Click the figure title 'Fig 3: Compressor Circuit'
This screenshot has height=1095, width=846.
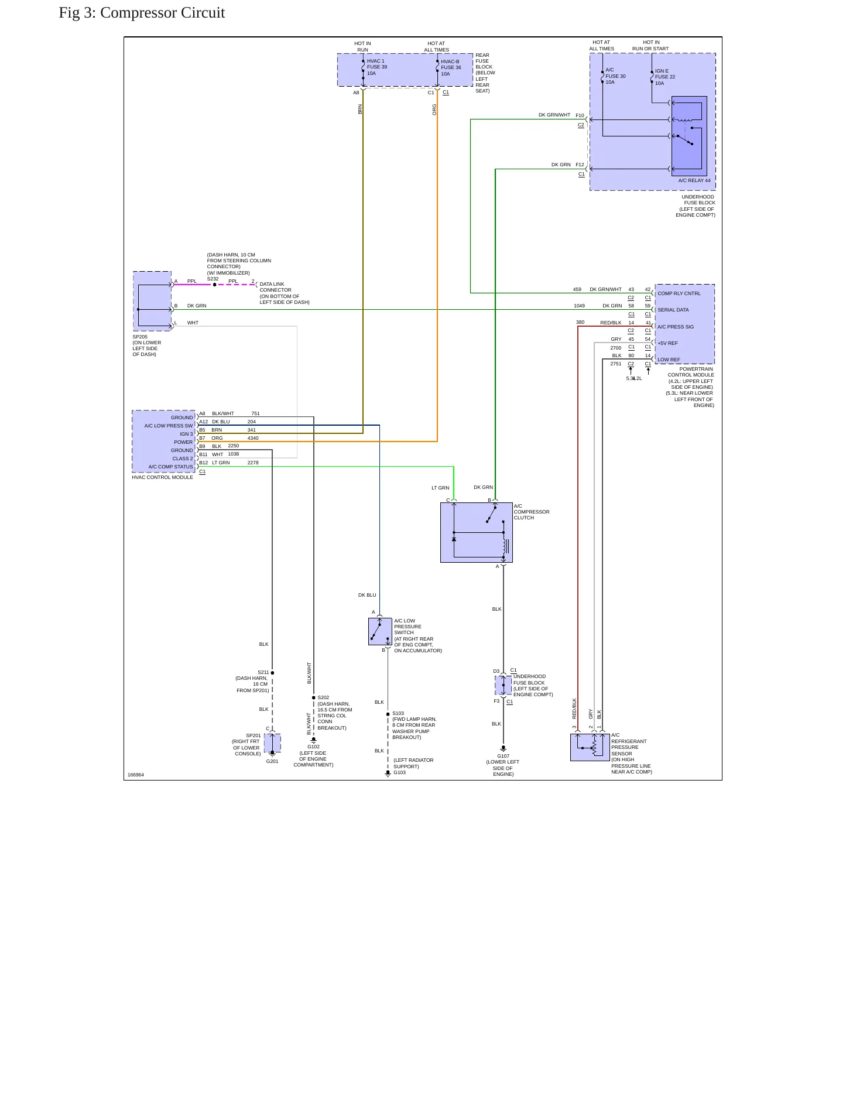click(142, 13)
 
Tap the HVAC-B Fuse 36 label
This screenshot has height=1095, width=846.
click(451, 68)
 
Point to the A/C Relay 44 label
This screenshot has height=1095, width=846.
click(694, 180)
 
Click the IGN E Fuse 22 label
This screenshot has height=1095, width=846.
click(665, 77)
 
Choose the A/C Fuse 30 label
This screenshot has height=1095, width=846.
click(615, 76)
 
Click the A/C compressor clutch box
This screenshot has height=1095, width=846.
click(477, 532)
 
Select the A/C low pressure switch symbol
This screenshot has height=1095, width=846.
click(380, 631)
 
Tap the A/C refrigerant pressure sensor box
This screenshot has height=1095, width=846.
click(590, 747)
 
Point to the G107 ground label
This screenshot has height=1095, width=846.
click(504, 756)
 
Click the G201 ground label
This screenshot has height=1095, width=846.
click(272, 761)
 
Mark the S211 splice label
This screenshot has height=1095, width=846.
click(263, 672)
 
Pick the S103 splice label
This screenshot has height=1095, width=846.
click(398, 714)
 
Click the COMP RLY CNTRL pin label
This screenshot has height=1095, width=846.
click(679, 293)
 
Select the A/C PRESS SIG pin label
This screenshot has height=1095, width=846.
click(676, 327)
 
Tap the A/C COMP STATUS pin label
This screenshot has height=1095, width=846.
click(170, 467)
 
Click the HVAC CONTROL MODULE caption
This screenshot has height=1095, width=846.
click(162, 477)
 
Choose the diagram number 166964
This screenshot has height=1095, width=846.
click(136, 775)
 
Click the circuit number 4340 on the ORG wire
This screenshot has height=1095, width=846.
click(253, 438)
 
